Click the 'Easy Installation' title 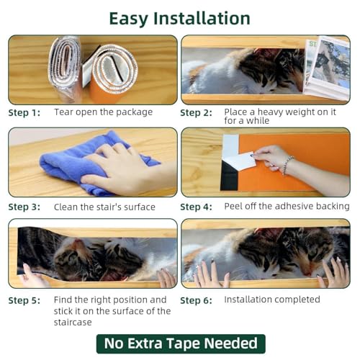(x=180, y=19)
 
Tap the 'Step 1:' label (x=24, y=113)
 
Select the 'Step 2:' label (x=196, y=113)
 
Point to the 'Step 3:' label (x=24, y=207)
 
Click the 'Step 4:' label (x=196, y=207)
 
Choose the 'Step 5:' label (x=24, y=300)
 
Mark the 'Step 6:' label (x=196, y=300)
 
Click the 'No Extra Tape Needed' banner (x=181, y=343)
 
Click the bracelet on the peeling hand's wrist (x=287, y=165)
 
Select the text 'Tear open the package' (x=103, y=112)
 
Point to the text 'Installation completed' (x=272, y=300)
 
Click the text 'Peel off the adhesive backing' (x=287, y=207)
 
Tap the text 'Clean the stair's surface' (x=104, y=207)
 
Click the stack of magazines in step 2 (x=326, y=67)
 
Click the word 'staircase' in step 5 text (x=73, y=323)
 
